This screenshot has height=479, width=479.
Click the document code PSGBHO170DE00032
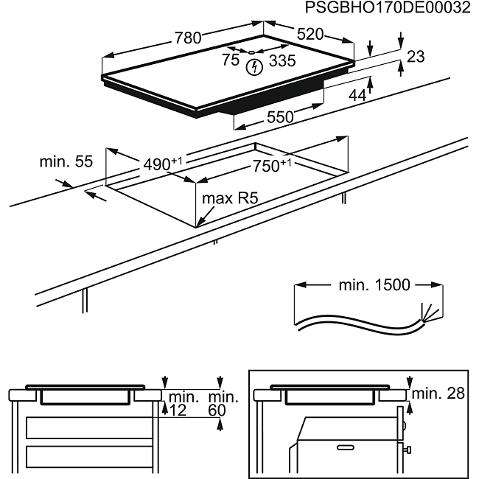pos(388,9)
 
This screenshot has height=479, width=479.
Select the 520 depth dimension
pos(310,34)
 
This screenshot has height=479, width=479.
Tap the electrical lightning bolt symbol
pos(254,69)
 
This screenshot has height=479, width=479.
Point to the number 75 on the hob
pos(231,61)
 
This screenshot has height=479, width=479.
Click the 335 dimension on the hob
pos(282,61)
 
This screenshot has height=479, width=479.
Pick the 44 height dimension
pos(357,94)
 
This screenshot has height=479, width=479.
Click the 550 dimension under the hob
pos(280,116)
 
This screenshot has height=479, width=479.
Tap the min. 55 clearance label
pos(66,161)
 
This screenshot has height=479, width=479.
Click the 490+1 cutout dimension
pos(162,164)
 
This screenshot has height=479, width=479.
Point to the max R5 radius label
pos(233,198)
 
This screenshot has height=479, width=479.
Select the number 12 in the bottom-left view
pos(178,410)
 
